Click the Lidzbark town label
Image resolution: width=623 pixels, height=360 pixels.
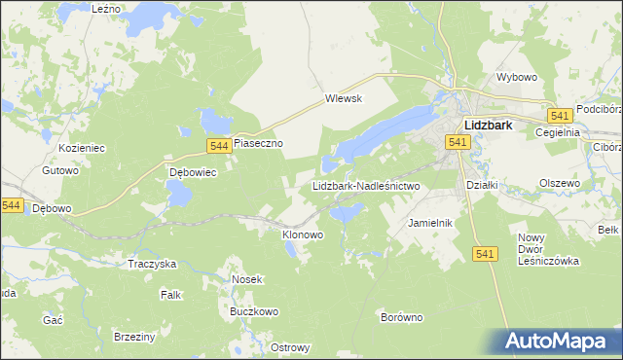tap(496, 125)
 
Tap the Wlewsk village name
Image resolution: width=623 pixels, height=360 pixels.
tap(344, 98)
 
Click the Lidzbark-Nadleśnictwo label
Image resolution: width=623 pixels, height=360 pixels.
tap(365, 185)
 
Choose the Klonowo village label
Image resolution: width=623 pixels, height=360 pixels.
tap(302, 234)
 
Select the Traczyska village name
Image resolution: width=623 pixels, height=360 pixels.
tap(152, 264)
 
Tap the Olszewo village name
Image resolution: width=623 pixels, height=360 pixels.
tap(560, 182)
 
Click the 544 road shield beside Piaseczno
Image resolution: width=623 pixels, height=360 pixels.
tap(219, 145)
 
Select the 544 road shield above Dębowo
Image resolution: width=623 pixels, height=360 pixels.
tap(12, 205)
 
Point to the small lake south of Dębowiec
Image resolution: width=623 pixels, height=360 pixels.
tap(179, 195)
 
